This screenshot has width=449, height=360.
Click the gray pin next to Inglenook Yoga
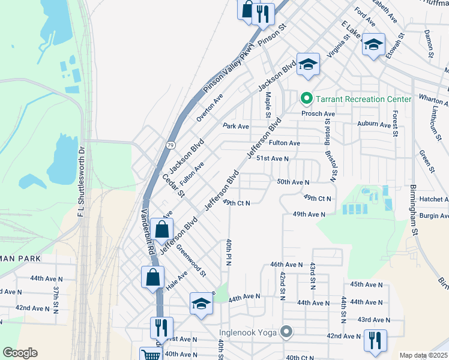tap(287, 331)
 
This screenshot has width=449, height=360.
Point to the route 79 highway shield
tap(171, 145)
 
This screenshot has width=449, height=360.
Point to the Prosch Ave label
tap(318, 113)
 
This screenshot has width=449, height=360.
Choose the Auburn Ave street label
tap(373, 125)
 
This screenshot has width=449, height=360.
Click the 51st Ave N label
tap(273, 158)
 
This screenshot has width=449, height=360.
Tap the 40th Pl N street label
tap(229, 253)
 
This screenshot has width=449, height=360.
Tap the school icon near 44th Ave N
tap(202, 303)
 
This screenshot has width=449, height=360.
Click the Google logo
tap(20, 353)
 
